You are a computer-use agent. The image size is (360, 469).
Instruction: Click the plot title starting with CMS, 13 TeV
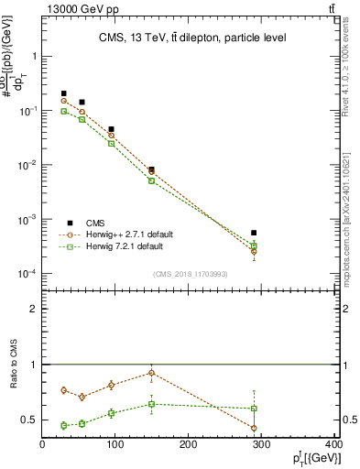coord(191,38)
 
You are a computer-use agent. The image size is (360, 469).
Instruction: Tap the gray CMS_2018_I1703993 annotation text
coord(191,273)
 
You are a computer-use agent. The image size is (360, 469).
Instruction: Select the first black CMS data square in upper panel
coord(63,93)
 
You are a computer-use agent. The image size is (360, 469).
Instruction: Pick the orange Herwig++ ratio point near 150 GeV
coord(151,373)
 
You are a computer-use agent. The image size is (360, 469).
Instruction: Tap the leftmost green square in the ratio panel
coord(63,425)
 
